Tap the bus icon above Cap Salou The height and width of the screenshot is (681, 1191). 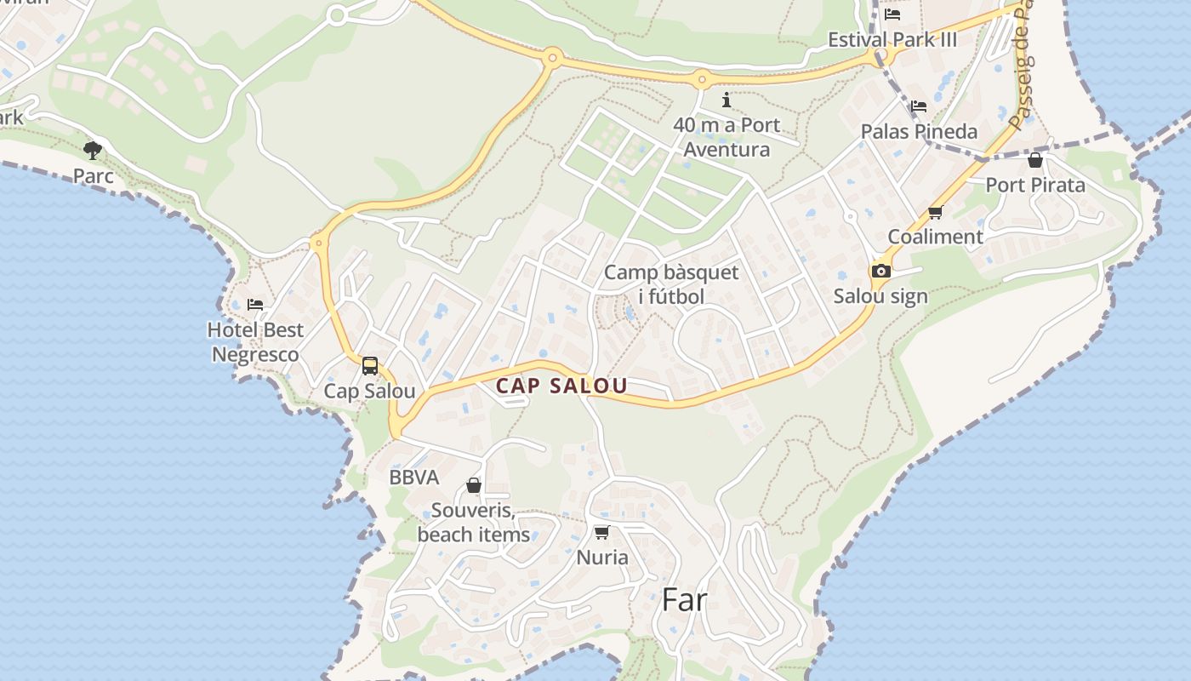click(x=370, y=366)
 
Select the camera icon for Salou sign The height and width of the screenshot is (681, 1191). click(x=880, y=271)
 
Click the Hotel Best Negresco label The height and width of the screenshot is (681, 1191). click(x=255, y=342)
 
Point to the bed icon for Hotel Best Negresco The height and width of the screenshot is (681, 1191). click(x=255, y=304)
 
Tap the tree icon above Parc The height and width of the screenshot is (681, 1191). click(x=93, y=151)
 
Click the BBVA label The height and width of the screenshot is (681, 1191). click(x=414, y=478)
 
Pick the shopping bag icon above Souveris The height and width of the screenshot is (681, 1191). click(x=474, y=485)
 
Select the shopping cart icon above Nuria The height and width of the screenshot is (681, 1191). click(x=601, y=533)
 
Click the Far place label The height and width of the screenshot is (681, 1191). click(x=684, y=600)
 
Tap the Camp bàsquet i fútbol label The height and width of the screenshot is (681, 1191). click(x=671, y=284)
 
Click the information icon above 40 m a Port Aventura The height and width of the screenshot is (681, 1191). click(x=726, y=100)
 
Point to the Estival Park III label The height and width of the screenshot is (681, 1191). click(x=892, y=40)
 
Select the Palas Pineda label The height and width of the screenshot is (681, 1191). click(x=919, y=132)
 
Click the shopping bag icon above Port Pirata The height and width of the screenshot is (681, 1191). click(x=1035, y=160)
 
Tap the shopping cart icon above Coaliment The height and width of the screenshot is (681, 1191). click(x=936, y=212)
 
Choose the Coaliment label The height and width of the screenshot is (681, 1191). click(x=935, y=237)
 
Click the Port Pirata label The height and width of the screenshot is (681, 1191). click(x=1035, y=185)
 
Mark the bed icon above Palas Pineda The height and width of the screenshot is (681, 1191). click(x=919, y=106)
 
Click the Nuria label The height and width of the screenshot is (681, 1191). click(x=602, y=558)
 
